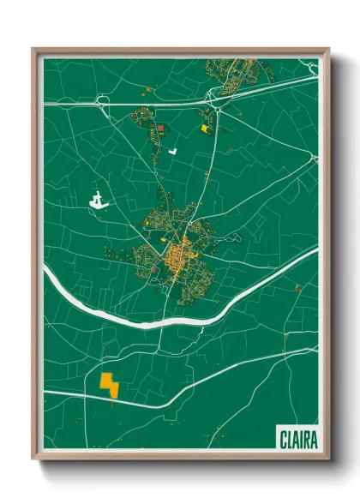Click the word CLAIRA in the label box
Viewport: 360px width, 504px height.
tap(297, 440)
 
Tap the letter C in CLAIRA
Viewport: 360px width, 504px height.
tap(283, 440)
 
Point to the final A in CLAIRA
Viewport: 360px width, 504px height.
tap(313, 440)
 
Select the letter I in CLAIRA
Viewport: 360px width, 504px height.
tap(299, 440)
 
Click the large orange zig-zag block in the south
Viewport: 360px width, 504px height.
tap(110, 383)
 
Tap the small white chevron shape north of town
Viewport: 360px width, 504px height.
tap(172, 151)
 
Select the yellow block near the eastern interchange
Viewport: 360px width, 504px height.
tap(204, 128)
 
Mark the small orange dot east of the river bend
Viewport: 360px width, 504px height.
tap(296, 290)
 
